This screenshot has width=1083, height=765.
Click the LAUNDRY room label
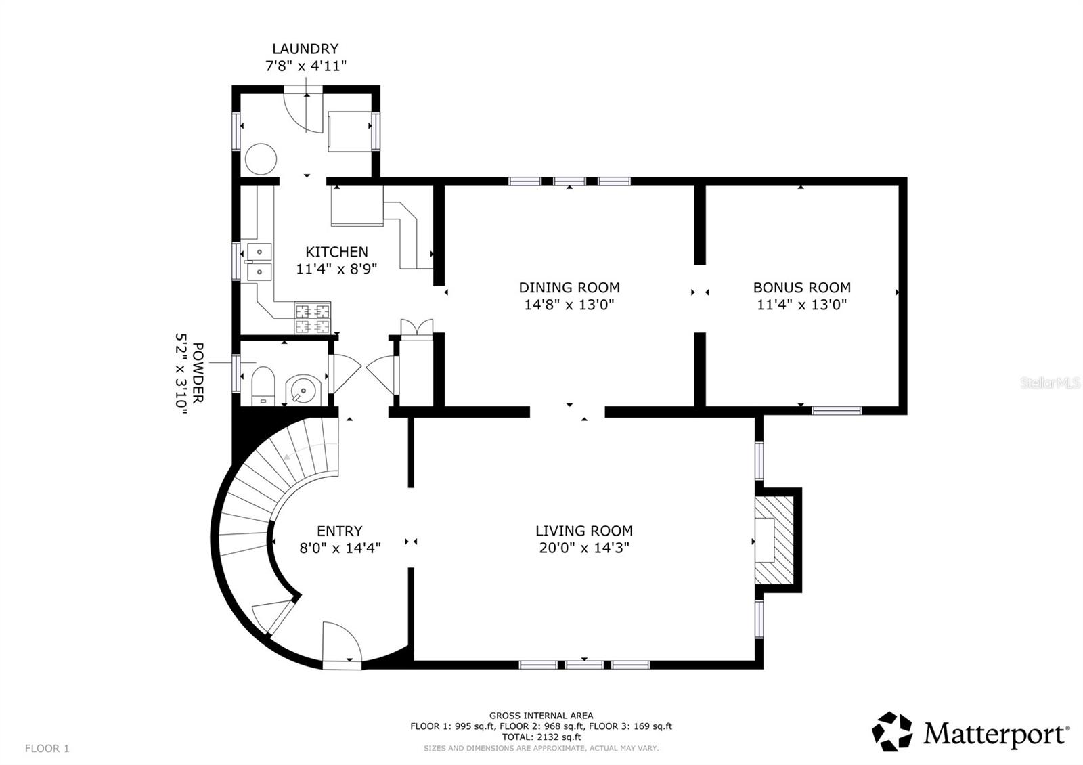pos(305,49)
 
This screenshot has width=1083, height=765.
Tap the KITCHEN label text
pos(336,252)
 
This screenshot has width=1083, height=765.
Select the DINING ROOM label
pos(569,288)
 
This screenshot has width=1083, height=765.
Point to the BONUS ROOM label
pos(801,288)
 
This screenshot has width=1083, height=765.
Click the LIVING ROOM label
pos(584,531)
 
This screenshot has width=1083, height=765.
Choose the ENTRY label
pos(339,531)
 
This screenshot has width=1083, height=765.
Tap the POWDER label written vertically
pos(198,372)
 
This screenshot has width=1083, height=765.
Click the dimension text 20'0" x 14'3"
pos(584,548)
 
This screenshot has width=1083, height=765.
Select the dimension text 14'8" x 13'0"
pos(569,305)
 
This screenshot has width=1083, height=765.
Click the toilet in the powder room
pos(263,386)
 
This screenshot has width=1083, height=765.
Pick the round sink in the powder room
pos(303,389)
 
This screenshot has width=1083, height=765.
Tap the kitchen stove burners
pos(313,318)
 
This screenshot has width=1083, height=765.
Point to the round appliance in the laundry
pos(261,159)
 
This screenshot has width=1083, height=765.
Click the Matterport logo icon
pos(892,731)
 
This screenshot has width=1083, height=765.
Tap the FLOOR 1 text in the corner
pos(47,749)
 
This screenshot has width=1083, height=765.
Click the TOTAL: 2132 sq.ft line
pos(541,737)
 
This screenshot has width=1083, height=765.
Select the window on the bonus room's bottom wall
pos(837,411)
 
